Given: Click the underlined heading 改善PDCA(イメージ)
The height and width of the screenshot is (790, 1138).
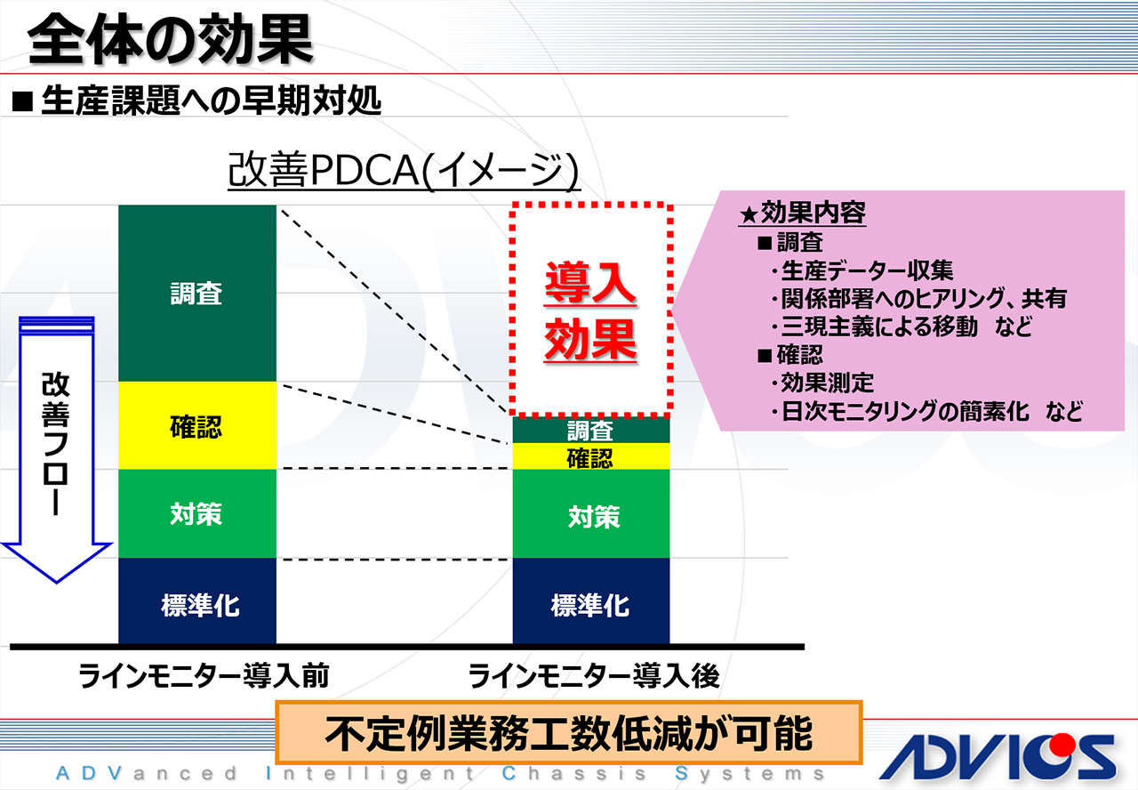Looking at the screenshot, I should click(404, 170).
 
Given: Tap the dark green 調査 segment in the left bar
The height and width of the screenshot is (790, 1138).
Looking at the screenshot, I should click(196, 294).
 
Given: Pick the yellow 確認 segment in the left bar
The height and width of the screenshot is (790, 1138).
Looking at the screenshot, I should click(196, 426).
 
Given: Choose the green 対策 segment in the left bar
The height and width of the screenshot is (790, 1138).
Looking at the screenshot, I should click(196, 513).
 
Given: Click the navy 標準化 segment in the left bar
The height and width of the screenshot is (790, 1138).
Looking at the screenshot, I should click(196, 605).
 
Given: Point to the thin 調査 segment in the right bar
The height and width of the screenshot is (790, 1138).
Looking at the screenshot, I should click(590, 431).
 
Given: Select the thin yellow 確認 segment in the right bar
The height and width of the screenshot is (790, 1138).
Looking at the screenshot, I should click(590, 457).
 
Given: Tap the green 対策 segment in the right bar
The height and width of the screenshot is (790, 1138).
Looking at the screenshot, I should click(590, 515).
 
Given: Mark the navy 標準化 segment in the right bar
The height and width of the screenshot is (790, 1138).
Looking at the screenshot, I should click(590, 605).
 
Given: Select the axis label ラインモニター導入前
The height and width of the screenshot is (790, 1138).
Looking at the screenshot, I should click(204, 677).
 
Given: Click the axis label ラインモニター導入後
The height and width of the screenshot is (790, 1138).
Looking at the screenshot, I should click(593, 677).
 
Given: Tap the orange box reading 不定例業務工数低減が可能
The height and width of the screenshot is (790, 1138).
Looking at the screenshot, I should click(569, 734).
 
